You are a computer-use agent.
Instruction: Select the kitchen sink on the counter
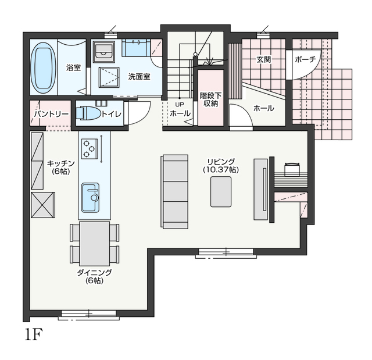coord(90,197)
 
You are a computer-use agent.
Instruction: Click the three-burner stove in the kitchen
coord(90,149)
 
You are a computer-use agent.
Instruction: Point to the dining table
coord(95,244)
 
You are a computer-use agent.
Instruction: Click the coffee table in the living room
coord(221,192)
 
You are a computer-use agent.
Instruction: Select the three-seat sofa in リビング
coord(175,192)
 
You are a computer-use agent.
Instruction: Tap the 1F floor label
coord(34,334)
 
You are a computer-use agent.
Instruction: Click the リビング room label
coord(221,162)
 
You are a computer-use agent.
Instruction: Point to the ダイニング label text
coord(94,273)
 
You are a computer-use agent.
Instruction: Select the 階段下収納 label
coord(210,99)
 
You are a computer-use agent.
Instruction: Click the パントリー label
coord(51,114)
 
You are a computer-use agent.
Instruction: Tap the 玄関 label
coord(264,59)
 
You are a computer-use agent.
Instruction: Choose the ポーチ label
coord(306,59)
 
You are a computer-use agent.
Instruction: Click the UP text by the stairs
coord(180,105)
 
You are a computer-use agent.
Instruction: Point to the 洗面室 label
coord(139,76)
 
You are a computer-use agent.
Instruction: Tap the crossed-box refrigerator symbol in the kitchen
coord(43,205)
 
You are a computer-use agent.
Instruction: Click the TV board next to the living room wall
coord(261,189)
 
